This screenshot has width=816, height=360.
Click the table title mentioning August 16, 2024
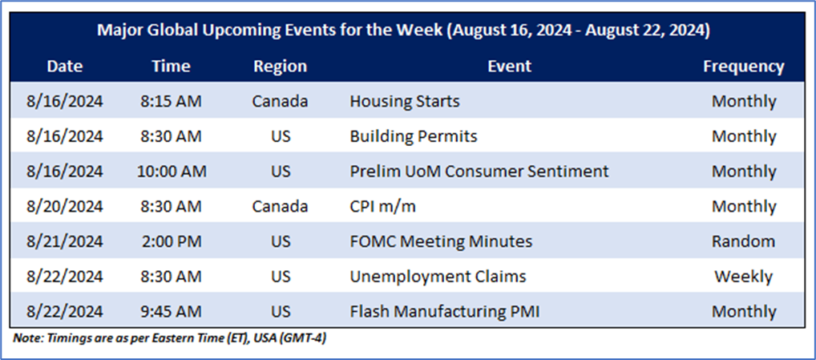(403, 30)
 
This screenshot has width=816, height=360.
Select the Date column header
(65, 66)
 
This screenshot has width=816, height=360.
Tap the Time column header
(171, 66)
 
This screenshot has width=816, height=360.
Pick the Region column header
(280, 67)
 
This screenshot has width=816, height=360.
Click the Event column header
(510, 66)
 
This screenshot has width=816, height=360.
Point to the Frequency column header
(744, 67)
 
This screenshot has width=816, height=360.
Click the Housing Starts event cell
(404, 101)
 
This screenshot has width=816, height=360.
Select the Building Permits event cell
(413, 136)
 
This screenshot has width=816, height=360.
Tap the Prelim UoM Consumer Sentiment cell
(479, 171)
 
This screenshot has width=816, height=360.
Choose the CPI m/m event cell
(382, 207)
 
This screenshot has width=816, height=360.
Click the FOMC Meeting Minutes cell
(441, 241)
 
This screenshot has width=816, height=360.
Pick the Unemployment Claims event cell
(438, 277)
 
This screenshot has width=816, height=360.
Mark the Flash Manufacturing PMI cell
(444, 312)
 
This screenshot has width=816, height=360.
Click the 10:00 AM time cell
(172, 171)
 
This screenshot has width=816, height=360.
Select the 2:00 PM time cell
(171, 241)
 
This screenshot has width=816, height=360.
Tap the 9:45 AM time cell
(171, 312)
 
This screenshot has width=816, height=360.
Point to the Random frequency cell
(744, 241)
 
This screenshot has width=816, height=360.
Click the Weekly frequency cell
(744, 277)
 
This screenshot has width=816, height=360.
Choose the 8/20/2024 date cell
(65, 207)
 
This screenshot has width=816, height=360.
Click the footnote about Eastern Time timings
(170, 338)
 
